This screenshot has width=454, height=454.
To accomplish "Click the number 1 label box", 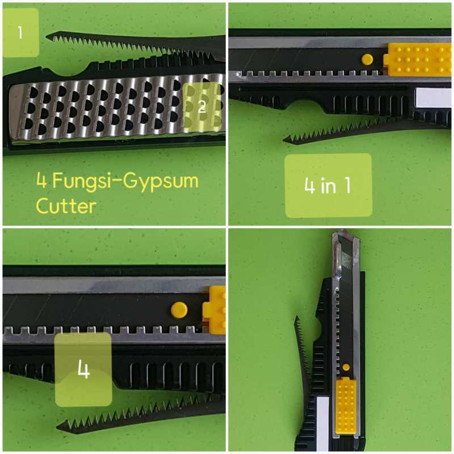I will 21,32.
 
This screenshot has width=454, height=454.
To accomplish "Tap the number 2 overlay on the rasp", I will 202,108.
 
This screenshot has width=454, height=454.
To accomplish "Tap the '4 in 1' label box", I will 327,186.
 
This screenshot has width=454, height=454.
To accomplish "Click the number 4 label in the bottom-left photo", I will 83,369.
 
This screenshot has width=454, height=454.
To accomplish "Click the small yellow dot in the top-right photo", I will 367,58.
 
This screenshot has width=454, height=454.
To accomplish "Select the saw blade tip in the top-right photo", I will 285,140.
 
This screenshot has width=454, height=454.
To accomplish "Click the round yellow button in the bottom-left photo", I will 179,309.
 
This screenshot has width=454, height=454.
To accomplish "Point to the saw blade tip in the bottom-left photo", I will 60,427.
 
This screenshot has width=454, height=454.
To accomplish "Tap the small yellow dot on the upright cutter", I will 346,367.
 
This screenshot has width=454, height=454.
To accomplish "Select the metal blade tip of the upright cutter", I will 344,237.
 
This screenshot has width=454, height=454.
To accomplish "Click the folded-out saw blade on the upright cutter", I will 300,352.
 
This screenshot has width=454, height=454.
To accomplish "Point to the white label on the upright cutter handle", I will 322,417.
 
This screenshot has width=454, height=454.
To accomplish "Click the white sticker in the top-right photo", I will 432,99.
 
